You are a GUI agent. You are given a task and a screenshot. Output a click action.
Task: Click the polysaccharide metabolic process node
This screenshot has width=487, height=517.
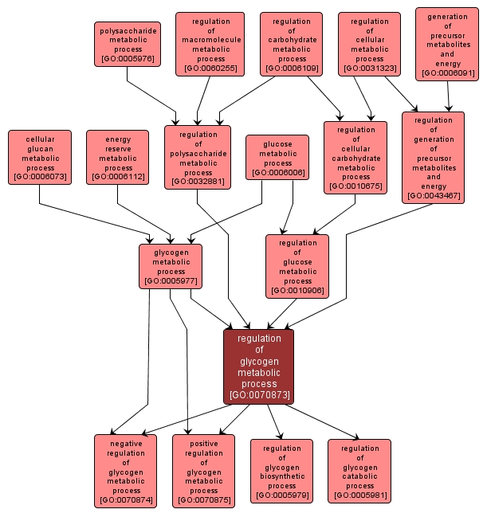[x=128, y=44]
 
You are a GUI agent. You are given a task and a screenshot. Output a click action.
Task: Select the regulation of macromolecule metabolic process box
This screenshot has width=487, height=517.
[x=210, y=44]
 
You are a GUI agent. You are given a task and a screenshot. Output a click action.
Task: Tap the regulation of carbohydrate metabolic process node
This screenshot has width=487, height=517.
[x=291, y=45]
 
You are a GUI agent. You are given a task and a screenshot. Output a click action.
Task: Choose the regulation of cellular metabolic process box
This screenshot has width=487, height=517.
[x=370, y=45]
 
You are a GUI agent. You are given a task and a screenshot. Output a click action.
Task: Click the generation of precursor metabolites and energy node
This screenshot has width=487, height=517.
[x=448, y=45]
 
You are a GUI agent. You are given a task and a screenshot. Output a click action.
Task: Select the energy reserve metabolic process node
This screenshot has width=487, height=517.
[x=118, y=157]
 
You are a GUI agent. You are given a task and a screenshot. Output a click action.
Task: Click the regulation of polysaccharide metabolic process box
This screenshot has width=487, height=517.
[x=198, y=157]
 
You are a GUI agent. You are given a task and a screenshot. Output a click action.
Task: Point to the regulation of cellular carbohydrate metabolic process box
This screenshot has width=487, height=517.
[x=355, y=158]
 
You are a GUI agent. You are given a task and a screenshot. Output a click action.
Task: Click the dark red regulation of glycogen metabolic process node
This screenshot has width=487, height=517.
[x=259, y=366]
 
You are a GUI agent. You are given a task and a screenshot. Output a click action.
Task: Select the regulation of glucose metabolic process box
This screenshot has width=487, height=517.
[x=297, y=266]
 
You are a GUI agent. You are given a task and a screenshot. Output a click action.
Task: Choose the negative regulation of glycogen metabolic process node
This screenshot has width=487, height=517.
[x=126, y=471]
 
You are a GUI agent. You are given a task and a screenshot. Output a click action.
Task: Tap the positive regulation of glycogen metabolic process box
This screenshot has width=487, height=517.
[x=203, y=471]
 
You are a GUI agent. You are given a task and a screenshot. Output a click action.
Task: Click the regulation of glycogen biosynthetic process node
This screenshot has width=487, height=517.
[x=281, y=471]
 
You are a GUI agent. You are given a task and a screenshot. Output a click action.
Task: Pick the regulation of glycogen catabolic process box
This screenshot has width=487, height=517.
[x=359, y=471]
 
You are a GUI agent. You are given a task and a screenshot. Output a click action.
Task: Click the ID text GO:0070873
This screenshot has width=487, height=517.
[x=259, y=394]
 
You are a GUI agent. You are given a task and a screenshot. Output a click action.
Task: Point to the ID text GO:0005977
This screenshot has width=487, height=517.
[x=171, y=280]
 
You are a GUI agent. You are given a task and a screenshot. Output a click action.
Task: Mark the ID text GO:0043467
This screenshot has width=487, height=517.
[x=433, y=195]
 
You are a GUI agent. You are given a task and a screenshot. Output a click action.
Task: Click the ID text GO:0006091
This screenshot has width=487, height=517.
[x=448, y=72]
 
